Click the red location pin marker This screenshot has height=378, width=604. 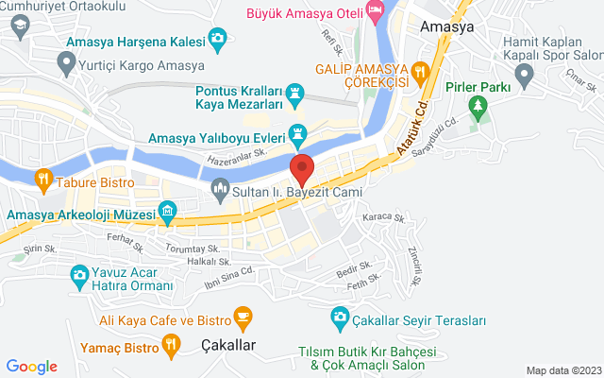pos(302,170)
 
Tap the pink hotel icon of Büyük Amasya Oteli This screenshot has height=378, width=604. pos(376,11)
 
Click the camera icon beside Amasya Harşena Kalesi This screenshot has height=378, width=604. pos(218,39)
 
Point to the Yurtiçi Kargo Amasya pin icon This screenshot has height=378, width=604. pos(66,63)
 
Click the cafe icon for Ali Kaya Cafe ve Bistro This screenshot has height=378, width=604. pos(243,315)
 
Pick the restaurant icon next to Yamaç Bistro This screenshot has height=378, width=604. pos(171,346)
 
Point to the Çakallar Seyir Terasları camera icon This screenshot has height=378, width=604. pos(340,320)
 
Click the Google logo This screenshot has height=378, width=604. pos(32,367)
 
